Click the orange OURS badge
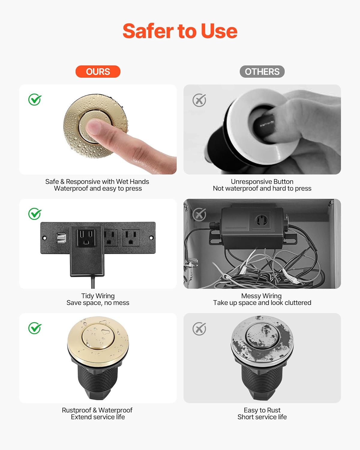click(98, 72)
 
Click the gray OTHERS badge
click(262, 72)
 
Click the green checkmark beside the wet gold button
click(35, 100)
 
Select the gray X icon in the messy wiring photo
click(199, 214)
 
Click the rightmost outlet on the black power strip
click(130, 237)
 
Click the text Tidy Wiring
click(98, 296)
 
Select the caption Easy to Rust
click(262, 410)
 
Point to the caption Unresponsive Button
click(262, 181)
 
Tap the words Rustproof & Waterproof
click(97, 410)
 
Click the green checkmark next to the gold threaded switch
click(35, 328)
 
